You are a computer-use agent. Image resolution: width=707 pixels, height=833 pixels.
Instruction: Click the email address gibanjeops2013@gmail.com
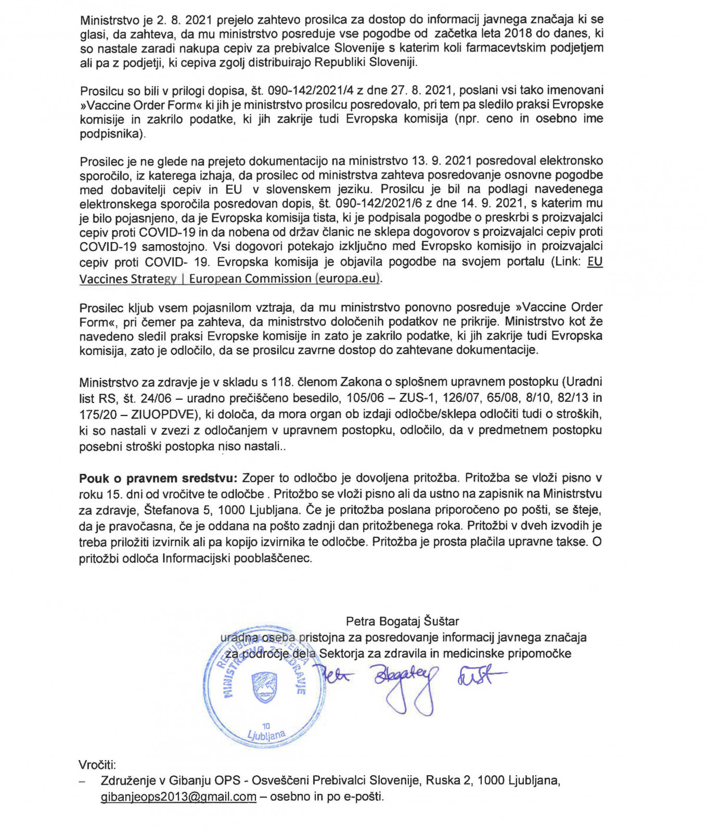178,797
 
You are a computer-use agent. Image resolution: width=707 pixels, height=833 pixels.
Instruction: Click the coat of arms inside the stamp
264,688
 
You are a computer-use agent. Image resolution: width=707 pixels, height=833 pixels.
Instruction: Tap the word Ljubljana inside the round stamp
266,735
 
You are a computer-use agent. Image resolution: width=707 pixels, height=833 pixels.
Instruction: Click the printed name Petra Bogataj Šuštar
402,621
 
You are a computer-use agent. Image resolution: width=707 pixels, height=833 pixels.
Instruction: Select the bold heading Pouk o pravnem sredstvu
158,477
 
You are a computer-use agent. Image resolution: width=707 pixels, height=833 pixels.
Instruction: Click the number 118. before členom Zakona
282,382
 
